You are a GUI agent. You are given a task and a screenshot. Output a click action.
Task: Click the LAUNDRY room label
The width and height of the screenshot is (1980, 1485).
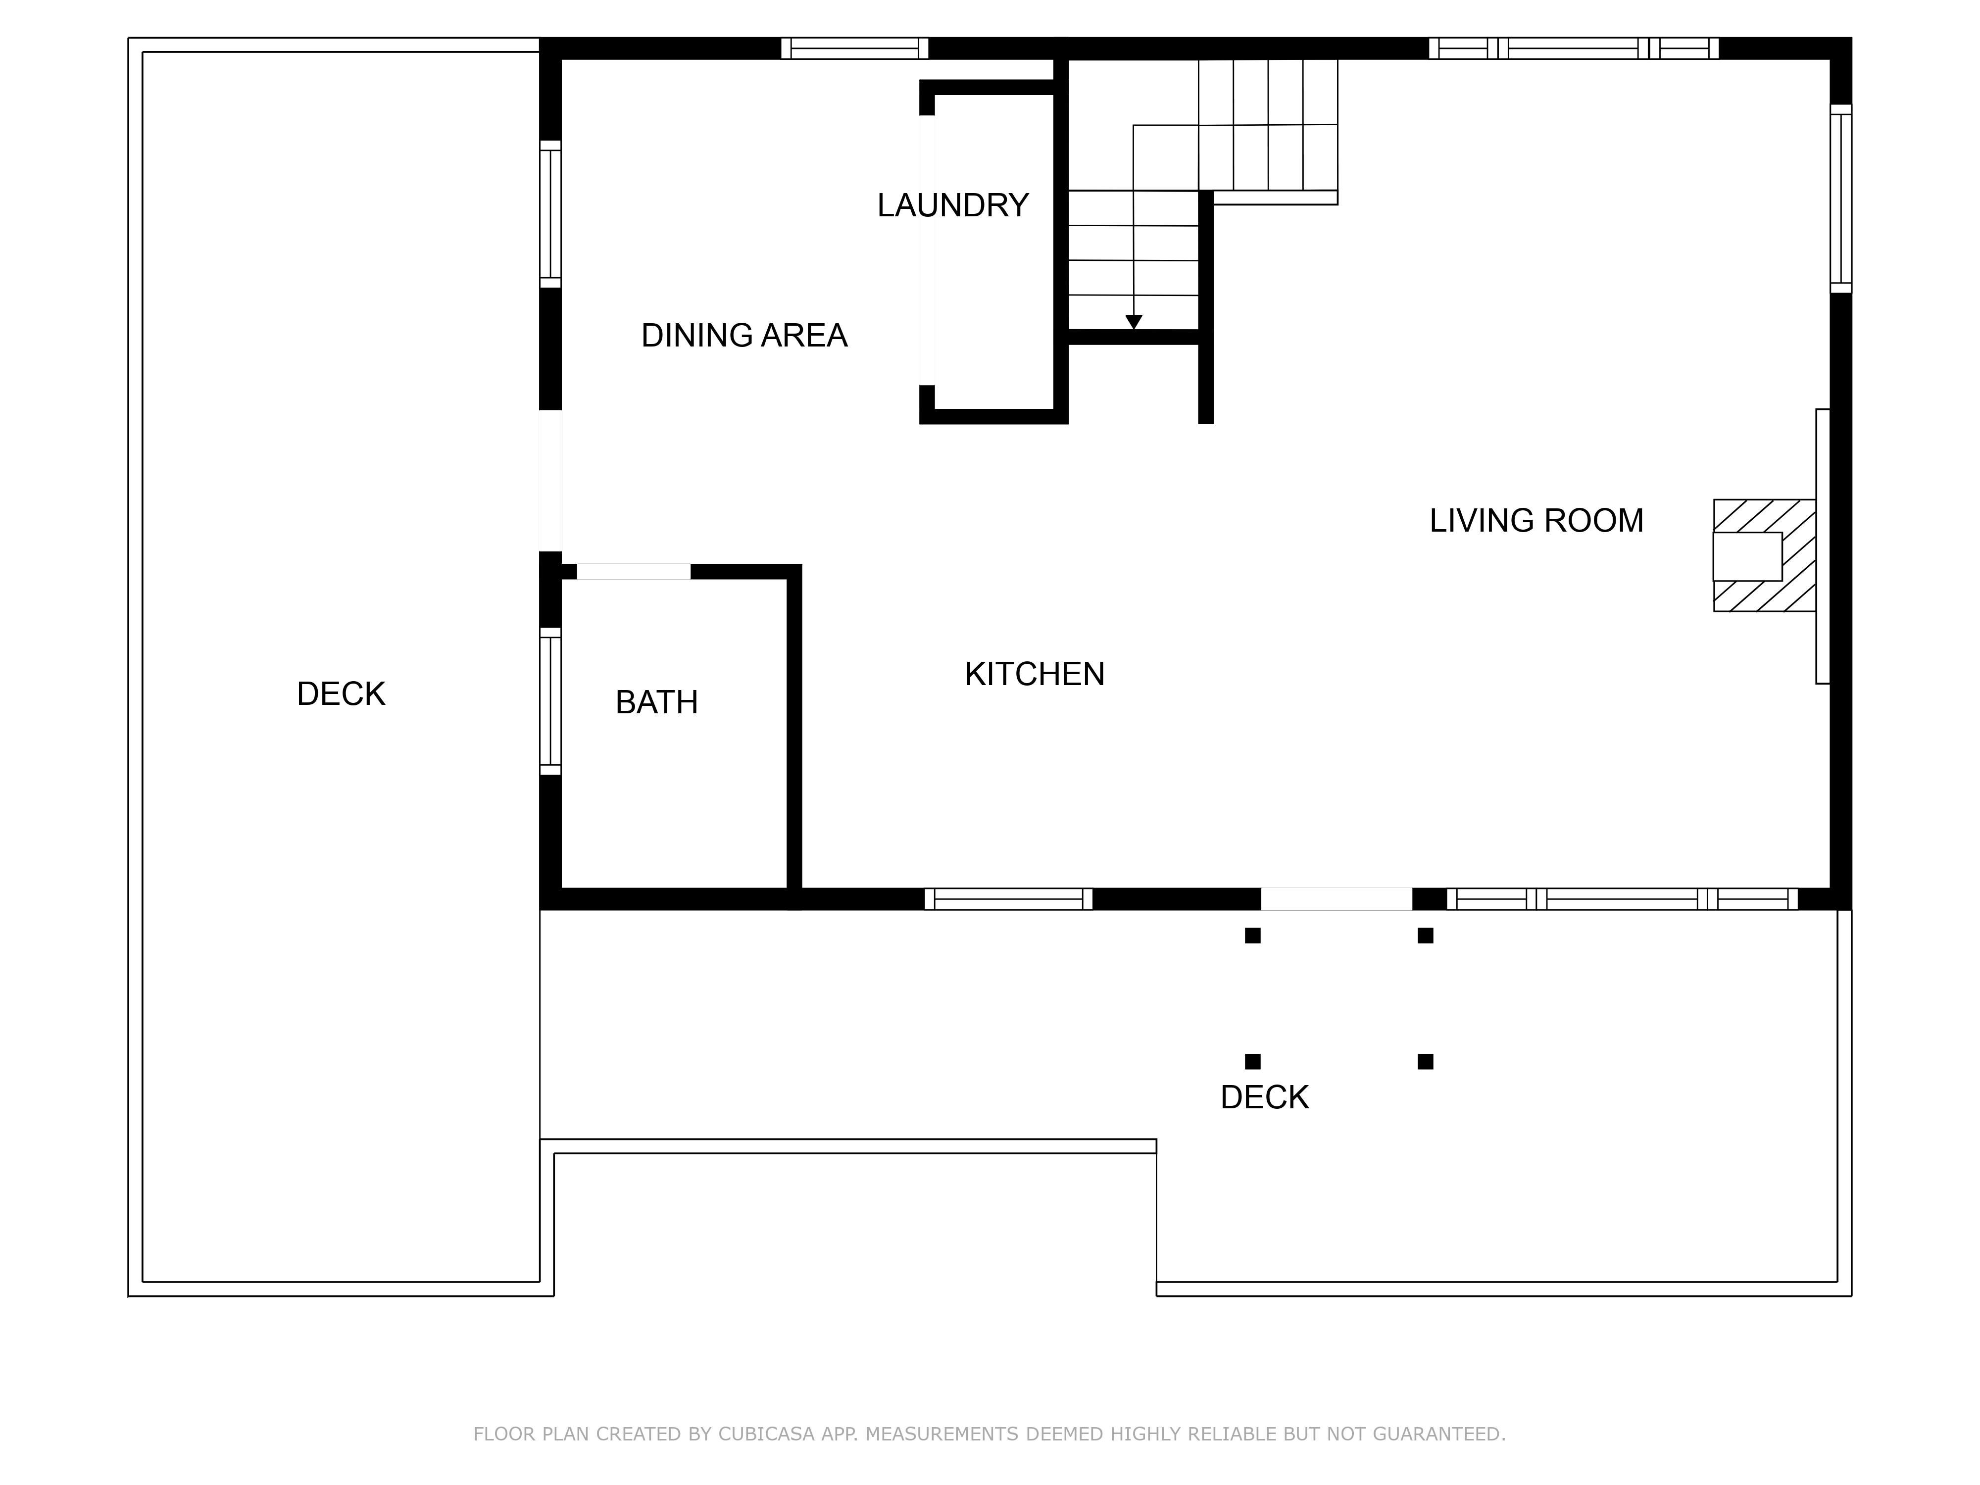click(x=952, y=206)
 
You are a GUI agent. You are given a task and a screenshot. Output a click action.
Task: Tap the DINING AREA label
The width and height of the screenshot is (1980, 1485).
click(x=744, y=336)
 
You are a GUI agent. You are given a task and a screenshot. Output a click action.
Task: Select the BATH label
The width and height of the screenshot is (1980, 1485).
click(x=656, y=703)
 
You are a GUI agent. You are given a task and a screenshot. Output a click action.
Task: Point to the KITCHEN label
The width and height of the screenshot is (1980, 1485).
click(x=1034, y=674)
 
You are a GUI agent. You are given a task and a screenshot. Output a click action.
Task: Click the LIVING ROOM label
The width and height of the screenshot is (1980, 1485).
click(x=1536, y=521)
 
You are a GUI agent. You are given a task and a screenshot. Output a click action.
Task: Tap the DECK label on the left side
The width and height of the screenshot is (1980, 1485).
click(x=340, y=693)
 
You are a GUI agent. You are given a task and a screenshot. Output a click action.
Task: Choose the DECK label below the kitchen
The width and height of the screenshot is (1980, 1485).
click(x=1264, y=1097)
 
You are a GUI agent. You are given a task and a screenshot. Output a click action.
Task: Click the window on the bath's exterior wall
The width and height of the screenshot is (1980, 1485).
click(x=549, y=701)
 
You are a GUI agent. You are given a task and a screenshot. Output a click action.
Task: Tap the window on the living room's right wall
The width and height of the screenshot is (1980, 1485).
click(x=1840, y=198)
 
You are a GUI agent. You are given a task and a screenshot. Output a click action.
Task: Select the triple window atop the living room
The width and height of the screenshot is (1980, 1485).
click(x=1573, y=49)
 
